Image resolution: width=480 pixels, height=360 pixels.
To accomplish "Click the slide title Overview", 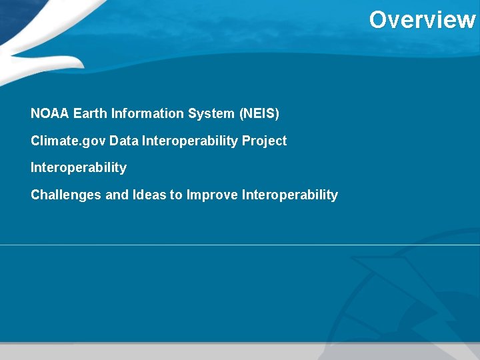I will click(422, 20).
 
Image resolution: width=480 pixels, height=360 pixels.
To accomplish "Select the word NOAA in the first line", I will click(50, 114).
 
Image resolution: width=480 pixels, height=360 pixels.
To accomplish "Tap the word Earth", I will click(91, 114).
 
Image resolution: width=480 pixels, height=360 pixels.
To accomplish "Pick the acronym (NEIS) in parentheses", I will click(259, 114).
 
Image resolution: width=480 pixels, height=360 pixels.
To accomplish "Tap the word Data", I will click(124, 141).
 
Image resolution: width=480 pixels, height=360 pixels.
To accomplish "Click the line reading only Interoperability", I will click(79, 168).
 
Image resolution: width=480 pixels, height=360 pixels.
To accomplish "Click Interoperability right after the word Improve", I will click(290, 195).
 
